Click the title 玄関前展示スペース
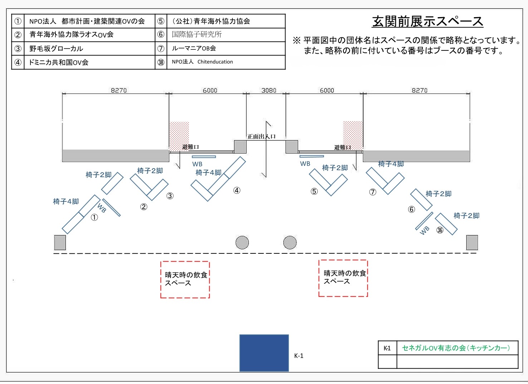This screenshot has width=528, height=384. pos(427,21)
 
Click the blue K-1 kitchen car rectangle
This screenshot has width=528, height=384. pos(264,353)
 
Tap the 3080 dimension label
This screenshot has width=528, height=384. pos(269,91)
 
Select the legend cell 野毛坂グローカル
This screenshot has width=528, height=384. pos(56,49)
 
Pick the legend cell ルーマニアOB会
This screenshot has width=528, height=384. pos(194,48)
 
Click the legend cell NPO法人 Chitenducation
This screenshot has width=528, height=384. pos(202,62)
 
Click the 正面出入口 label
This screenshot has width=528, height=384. pos(261,136)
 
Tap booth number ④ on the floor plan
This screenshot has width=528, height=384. pos(237,190)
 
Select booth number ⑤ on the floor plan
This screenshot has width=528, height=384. pos(314,191)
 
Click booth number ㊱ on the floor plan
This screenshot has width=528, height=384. pos(440,230)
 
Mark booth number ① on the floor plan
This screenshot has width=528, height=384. pos(94,217)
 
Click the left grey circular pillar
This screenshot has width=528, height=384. pos(242,243)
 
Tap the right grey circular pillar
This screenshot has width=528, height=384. pos(290,243)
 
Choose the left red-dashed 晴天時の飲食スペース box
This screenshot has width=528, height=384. pos(185,280)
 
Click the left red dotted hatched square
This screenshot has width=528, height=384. pos(179,136)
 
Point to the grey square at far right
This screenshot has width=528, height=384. pos(472,243)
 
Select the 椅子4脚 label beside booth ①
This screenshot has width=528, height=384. pos(66,201)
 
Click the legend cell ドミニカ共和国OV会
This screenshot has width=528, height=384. pos(59,62)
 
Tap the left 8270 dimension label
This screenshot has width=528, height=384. pos(119,91)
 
